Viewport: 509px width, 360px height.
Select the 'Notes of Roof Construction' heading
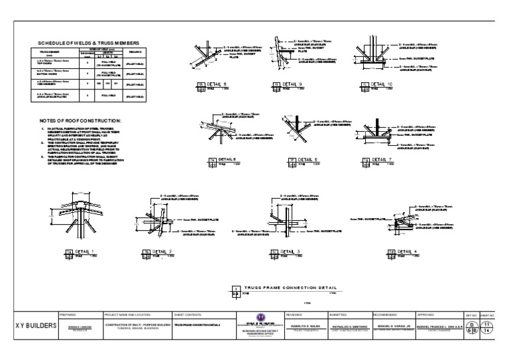81,119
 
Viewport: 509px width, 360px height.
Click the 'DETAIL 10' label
380,84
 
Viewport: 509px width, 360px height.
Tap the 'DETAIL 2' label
162,251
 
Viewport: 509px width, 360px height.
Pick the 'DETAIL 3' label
290,251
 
